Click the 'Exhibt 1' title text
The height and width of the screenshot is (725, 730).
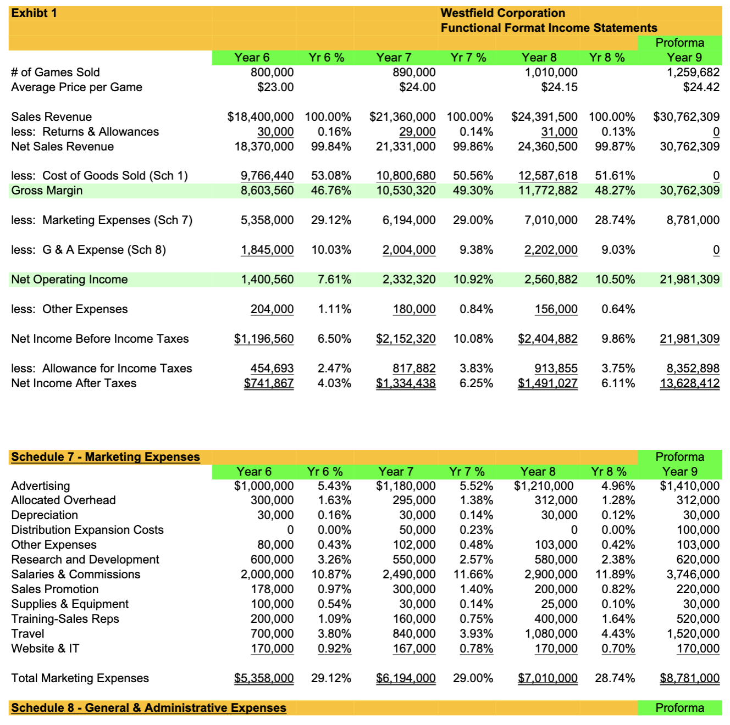click(34, 13)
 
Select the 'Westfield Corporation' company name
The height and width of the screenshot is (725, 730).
click(502, 13)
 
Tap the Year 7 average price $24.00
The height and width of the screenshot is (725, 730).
click(417, 87)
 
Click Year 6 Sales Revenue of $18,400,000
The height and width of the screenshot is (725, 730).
click(261, 117)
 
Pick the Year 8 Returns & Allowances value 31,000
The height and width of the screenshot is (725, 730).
click(559, 132)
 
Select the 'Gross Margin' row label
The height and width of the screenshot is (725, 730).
click(47, 191)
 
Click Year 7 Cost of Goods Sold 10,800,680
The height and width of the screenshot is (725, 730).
click(406, 176)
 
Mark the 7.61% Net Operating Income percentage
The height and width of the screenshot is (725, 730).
click(334, 280)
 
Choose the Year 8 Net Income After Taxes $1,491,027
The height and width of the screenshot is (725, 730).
click(547, 383)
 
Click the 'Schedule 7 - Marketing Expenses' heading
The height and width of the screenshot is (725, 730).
click(106, 457)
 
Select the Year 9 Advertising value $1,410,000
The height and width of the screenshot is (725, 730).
click(689, 486)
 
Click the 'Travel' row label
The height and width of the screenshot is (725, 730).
click(27, 634)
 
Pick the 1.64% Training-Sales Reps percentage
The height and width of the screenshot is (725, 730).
click(618, 619)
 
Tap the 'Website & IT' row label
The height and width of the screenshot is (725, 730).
click(45, 649)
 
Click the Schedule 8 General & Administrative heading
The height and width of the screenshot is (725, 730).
click(148, 708)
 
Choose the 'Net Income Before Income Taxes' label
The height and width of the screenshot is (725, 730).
click(100, 339)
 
